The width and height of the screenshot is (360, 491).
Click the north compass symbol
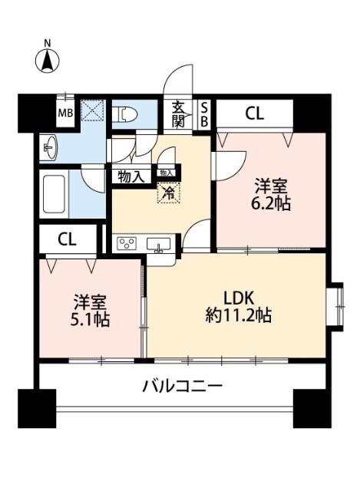click(x=48, y=59)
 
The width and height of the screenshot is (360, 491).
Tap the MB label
click(x=65, y=114)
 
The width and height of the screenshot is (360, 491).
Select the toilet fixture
click(x=126, y=115)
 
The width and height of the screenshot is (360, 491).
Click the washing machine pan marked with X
click(x=93, y=112)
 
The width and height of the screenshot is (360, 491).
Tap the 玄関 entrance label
click(x=179, y=114)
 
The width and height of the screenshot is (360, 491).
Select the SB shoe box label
click(x=204, y=114)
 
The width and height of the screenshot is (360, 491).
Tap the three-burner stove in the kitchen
click(x=126, y=244)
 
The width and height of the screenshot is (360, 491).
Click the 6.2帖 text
click(x=272, y=205)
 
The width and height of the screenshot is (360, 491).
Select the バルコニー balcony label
click(x=182, y=386)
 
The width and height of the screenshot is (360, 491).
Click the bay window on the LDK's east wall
click(x=335, y=305)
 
